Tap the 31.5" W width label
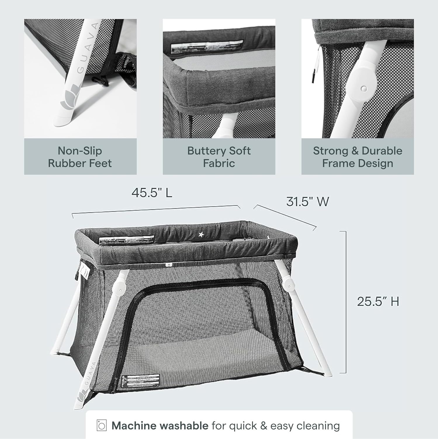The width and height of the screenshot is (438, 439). coord(307,202)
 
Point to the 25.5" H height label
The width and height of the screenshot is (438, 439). coord(378,301)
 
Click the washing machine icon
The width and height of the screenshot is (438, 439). coord(101,426)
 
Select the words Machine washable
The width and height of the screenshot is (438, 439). coord(160,426)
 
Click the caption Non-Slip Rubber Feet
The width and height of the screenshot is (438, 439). coord(80,157)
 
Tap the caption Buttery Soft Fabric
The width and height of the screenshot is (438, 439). coord(219,157)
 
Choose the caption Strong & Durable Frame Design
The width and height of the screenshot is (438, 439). coord(357,157)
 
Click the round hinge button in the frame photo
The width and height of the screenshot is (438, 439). coord(363,88)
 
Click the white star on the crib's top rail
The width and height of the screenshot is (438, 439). coord(201,234)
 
